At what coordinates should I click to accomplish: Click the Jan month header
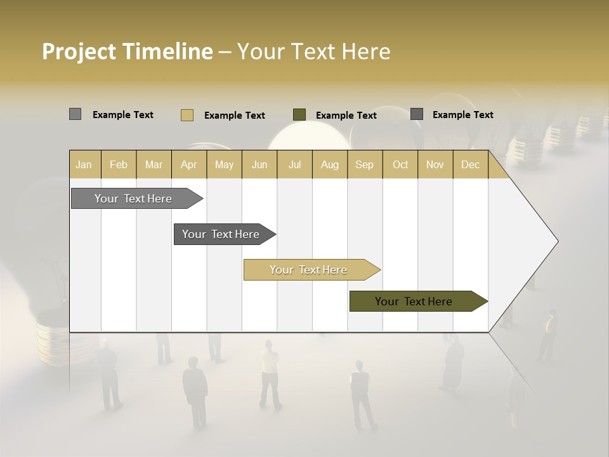pos(84,164)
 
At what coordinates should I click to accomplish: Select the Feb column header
pos(119,164)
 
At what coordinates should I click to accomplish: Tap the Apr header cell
pos(188,164)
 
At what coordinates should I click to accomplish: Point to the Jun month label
pos(259,164)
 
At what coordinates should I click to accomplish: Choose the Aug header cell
pos(329,164)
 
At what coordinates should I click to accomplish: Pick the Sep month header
pos(364,164)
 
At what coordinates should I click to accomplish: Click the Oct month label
pos(400,164)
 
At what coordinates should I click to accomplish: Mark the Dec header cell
pos(470,164)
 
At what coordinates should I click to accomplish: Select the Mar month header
pos(154,164)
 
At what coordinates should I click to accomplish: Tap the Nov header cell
pos(435,164)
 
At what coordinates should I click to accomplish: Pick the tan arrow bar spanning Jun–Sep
pos(309,270)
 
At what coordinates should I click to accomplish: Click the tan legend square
pos(187,115)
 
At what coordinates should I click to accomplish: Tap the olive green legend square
pos(299,114)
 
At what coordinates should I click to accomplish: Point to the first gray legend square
pos(75,114)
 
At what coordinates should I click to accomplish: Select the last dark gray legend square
pos(417,114)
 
